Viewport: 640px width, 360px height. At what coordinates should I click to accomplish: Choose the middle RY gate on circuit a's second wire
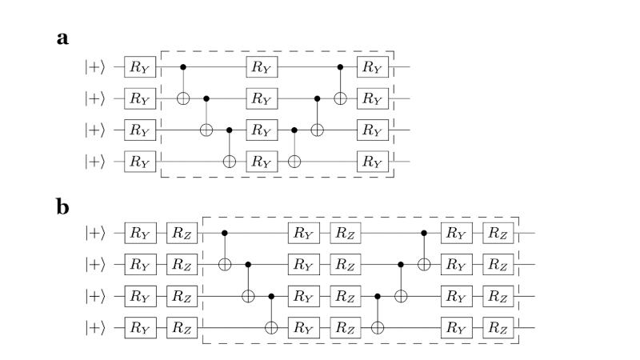tap(260, 98)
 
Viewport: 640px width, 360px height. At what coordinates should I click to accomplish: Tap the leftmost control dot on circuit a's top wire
tap(184, 68)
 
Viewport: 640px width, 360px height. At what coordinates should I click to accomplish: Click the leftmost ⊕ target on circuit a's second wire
tap(184, 98)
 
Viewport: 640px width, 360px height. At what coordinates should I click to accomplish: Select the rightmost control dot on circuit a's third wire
tap(294, 129)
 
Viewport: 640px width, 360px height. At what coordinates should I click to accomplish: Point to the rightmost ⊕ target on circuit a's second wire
tap(341, 98)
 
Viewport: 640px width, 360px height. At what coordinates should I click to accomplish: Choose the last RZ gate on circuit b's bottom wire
tap(499, 326)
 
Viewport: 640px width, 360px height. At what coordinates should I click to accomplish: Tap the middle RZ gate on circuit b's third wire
tap(345, 296)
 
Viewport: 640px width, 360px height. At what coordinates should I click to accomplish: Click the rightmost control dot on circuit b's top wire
tap(425, 234)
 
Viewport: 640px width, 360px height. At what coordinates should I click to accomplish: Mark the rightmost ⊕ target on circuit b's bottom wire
tap(378, 326)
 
